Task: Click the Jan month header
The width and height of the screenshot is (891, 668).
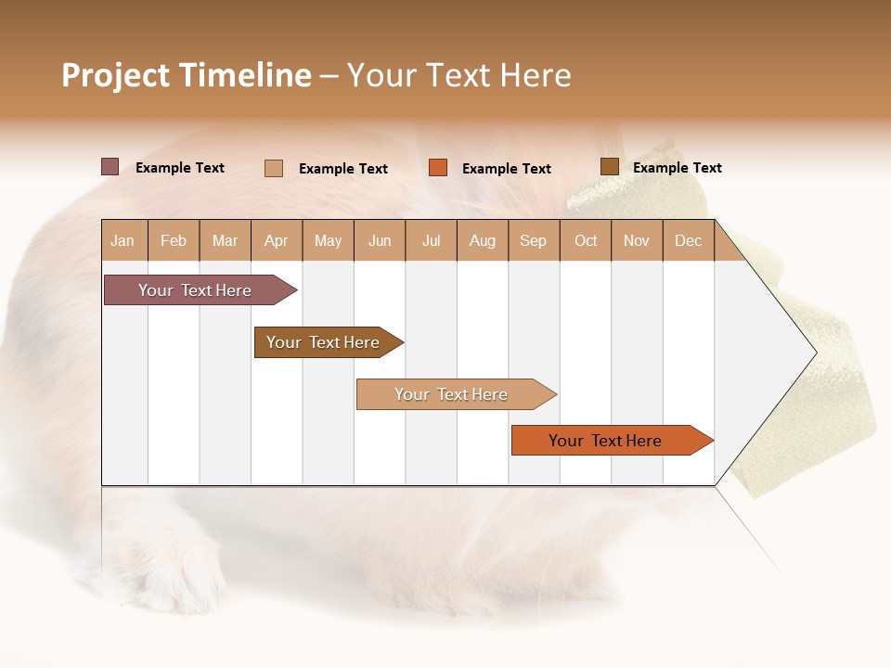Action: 123,240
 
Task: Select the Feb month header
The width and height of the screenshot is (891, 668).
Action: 174,240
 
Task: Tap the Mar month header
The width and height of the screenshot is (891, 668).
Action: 225,240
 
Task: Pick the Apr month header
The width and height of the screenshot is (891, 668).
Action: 277,240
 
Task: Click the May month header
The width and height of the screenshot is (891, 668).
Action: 328,240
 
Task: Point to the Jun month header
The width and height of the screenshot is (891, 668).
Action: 380,240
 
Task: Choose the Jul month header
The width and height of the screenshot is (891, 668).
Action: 431,240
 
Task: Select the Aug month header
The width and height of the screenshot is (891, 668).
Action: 483,240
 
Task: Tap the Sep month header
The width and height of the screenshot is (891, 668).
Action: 534,240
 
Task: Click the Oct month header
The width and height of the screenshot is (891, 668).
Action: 586,240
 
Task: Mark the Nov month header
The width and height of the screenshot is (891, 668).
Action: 637,240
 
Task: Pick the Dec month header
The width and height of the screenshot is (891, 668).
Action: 688,240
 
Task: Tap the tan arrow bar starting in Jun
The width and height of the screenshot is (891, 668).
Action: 452,394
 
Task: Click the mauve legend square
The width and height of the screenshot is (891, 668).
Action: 110,167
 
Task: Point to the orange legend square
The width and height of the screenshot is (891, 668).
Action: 438,168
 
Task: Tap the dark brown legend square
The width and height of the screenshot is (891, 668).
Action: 609,167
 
